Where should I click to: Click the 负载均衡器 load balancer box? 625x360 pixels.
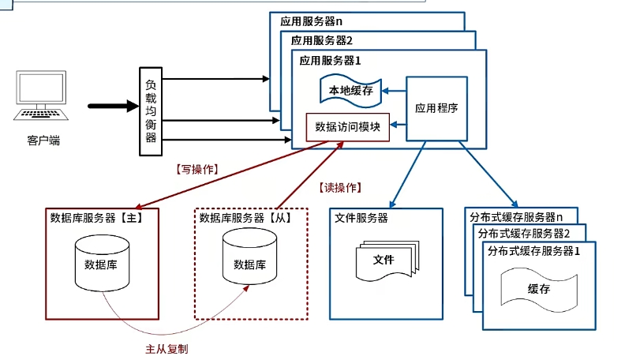151,111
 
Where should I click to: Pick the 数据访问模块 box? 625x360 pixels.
348,126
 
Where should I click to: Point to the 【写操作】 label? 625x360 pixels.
196,169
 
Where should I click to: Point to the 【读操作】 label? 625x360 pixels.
340,187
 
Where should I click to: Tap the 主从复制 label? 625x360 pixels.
167,348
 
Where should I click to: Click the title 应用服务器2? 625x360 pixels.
321,39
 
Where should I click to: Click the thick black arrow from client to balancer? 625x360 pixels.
111,105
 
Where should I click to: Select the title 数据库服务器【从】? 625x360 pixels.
245,218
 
